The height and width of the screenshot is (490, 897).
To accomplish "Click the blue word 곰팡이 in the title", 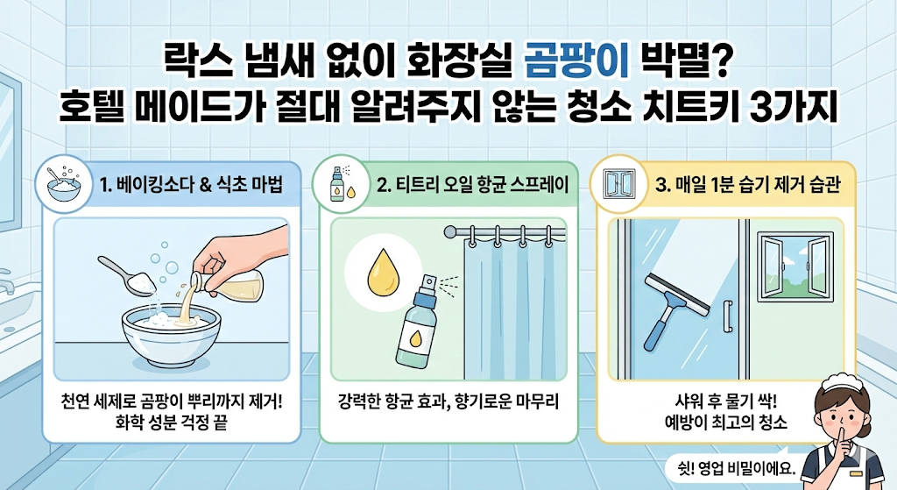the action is (576, 62).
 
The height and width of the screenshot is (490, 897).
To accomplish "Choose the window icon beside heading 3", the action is (619, 184).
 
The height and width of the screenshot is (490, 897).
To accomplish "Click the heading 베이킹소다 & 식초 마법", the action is (191, 185).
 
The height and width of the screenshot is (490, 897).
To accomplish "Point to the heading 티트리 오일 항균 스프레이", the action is (472, 185).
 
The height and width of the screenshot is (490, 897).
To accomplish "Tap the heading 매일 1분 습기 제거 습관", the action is (747, 185).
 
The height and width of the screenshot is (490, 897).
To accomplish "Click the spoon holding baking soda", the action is (128, 277).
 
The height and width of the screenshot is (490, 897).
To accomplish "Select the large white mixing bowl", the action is (172, 336).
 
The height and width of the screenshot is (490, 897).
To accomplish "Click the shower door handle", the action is (728, 316).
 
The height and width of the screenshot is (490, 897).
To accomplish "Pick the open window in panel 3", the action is (795, 266).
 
